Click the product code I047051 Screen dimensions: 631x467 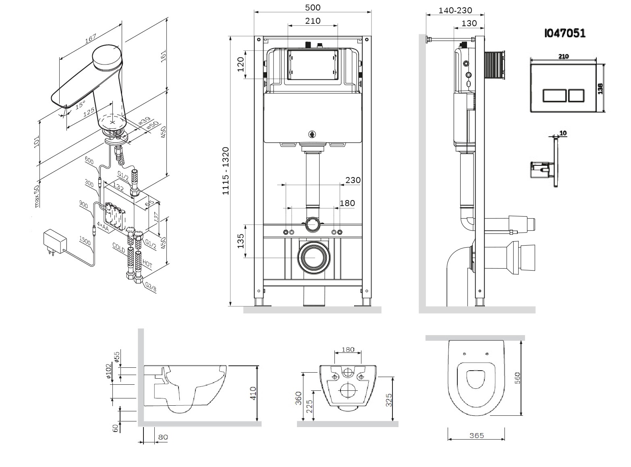pos(565,33)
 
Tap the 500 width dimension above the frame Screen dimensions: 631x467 pos(313,7)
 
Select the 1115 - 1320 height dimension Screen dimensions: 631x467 pos(226,171)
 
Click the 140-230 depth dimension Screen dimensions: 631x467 pos(455,10)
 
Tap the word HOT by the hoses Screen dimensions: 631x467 pos(147,263)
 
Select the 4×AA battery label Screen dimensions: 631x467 pos(103,227)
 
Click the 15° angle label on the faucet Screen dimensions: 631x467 pos(81,105)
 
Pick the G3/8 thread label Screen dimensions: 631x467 pos(151,287)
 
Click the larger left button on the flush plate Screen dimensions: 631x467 pos(554,96)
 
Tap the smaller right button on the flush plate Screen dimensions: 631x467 pos(576,96)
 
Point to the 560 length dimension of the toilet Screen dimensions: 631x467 pos(517,378)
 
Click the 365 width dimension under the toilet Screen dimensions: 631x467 pos(477,436)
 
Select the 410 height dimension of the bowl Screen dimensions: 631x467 pos(253,393)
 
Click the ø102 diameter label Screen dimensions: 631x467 pos(108,371)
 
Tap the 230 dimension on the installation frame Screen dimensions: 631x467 pos(353,180)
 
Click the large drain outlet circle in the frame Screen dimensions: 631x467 pos(314,257)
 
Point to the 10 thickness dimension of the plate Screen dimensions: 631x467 pos(563,133)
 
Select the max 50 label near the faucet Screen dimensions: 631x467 pos(36,196)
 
